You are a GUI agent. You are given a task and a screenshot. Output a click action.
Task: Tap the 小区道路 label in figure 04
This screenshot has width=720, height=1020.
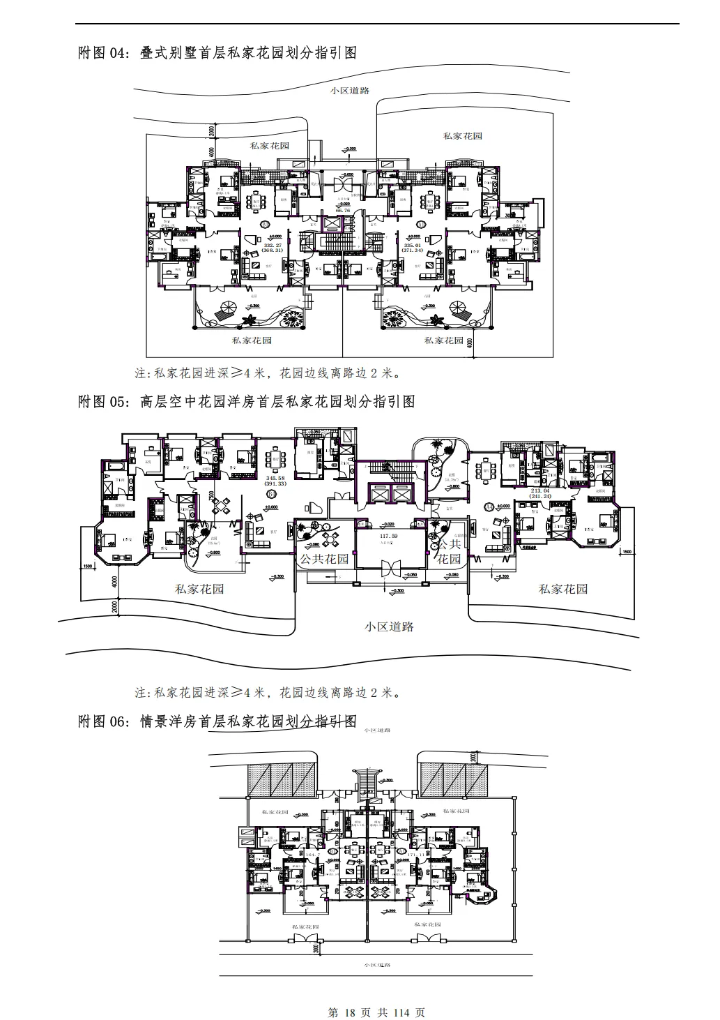tap(350, 91)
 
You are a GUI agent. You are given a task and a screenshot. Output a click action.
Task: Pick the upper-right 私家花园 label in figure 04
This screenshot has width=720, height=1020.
tap(463, 136)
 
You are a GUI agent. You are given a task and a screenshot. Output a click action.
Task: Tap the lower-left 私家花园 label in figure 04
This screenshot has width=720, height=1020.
tap(252, 340)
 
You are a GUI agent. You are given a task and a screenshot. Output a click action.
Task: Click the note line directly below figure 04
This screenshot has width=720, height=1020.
tap(268, 373)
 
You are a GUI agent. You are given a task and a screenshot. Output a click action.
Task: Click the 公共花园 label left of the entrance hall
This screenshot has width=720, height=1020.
tap(323, 559)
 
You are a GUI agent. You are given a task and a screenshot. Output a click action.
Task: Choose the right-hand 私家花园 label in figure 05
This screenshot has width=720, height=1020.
tap(563, 589)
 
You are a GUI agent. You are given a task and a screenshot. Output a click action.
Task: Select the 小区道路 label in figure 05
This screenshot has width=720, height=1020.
tap(390, 627)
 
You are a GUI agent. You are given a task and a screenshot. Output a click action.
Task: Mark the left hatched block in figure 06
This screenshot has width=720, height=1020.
tap(278, 778)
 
